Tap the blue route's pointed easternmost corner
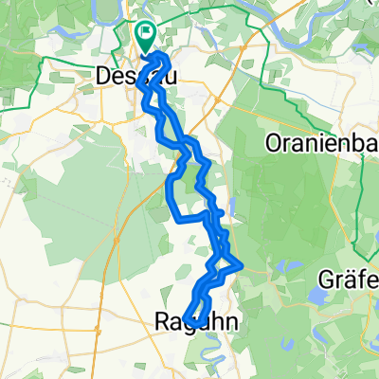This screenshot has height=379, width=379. click(x=244, y=264)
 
